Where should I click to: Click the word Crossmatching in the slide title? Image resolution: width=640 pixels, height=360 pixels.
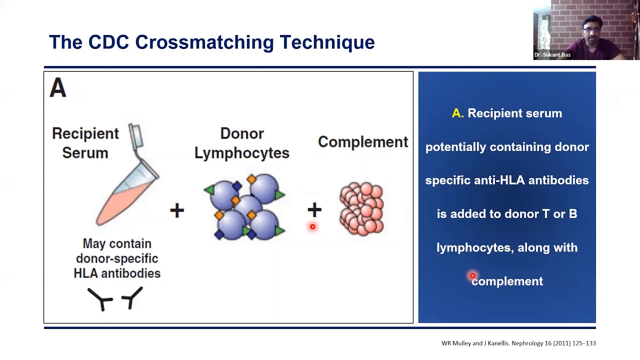coord(204,42)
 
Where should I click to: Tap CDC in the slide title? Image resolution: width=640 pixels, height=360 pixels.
coord(109,42)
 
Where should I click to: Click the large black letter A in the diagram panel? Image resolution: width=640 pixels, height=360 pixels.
coord(57,89)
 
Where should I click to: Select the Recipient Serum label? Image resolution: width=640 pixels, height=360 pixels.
coord(85,143)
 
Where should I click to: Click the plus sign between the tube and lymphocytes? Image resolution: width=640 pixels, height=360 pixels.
coord(177,210)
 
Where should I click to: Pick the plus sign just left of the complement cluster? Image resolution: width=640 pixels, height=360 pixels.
coord(314,209)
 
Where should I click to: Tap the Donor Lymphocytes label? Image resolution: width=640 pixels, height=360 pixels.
coord(242,143)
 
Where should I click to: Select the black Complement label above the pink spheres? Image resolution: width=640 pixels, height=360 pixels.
coord(363,142)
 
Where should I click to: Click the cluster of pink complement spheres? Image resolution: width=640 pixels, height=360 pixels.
coord(361,208)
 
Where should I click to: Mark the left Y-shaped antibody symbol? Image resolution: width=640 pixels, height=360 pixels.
coord(100,299)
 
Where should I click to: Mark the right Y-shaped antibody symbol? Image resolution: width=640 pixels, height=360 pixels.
coord(132,297)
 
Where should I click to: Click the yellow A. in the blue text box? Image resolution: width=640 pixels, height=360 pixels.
coord(457,113)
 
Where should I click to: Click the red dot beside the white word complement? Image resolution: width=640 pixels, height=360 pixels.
coord(472,276)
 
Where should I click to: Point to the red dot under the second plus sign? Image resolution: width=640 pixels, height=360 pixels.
coord(312,227)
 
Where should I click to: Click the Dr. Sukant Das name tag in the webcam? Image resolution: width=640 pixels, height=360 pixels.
coord(552,55)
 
